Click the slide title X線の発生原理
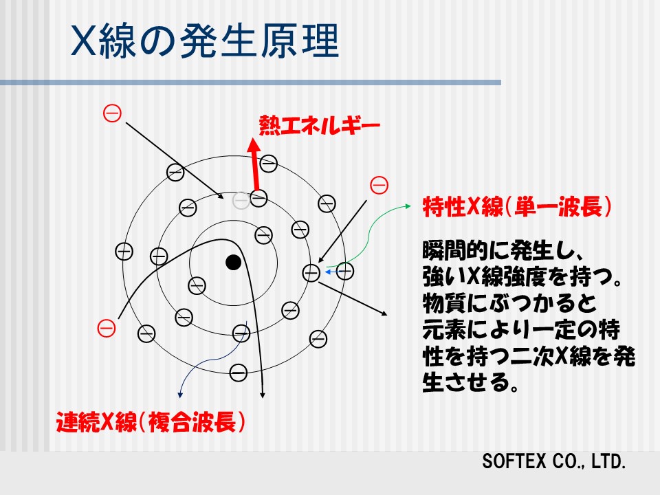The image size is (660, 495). pos(205,41)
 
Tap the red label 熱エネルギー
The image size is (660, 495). pos(320,125)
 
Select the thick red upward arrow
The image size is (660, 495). pos(254,164)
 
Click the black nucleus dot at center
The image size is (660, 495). pos(233,262)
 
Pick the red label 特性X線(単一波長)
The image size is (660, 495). pos(517,207)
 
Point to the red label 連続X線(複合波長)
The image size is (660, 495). pos(151,421)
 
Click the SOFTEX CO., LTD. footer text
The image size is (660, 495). pos(554,461)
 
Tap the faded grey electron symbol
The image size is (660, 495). pos(241,200)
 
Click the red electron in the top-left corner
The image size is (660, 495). pos(112,113)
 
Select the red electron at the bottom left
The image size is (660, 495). pos(107,329)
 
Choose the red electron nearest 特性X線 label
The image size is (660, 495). pos(379,185)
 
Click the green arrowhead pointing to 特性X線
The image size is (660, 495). pos(408,206)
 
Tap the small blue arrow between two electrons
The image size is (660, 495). pos(331,272)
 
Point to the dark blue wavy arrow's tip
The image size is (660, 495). pos(180,396)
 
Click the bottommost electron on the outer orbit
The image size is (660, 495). pos(239,373)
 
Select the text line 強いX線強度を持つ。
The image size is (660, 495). pos(522,277)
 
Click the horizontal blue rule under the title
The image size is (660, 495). pos(250,82)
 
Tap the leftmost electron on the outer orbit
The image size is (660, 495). pos(124,252)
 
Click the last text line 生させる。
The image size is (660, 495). pos(470,382)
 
